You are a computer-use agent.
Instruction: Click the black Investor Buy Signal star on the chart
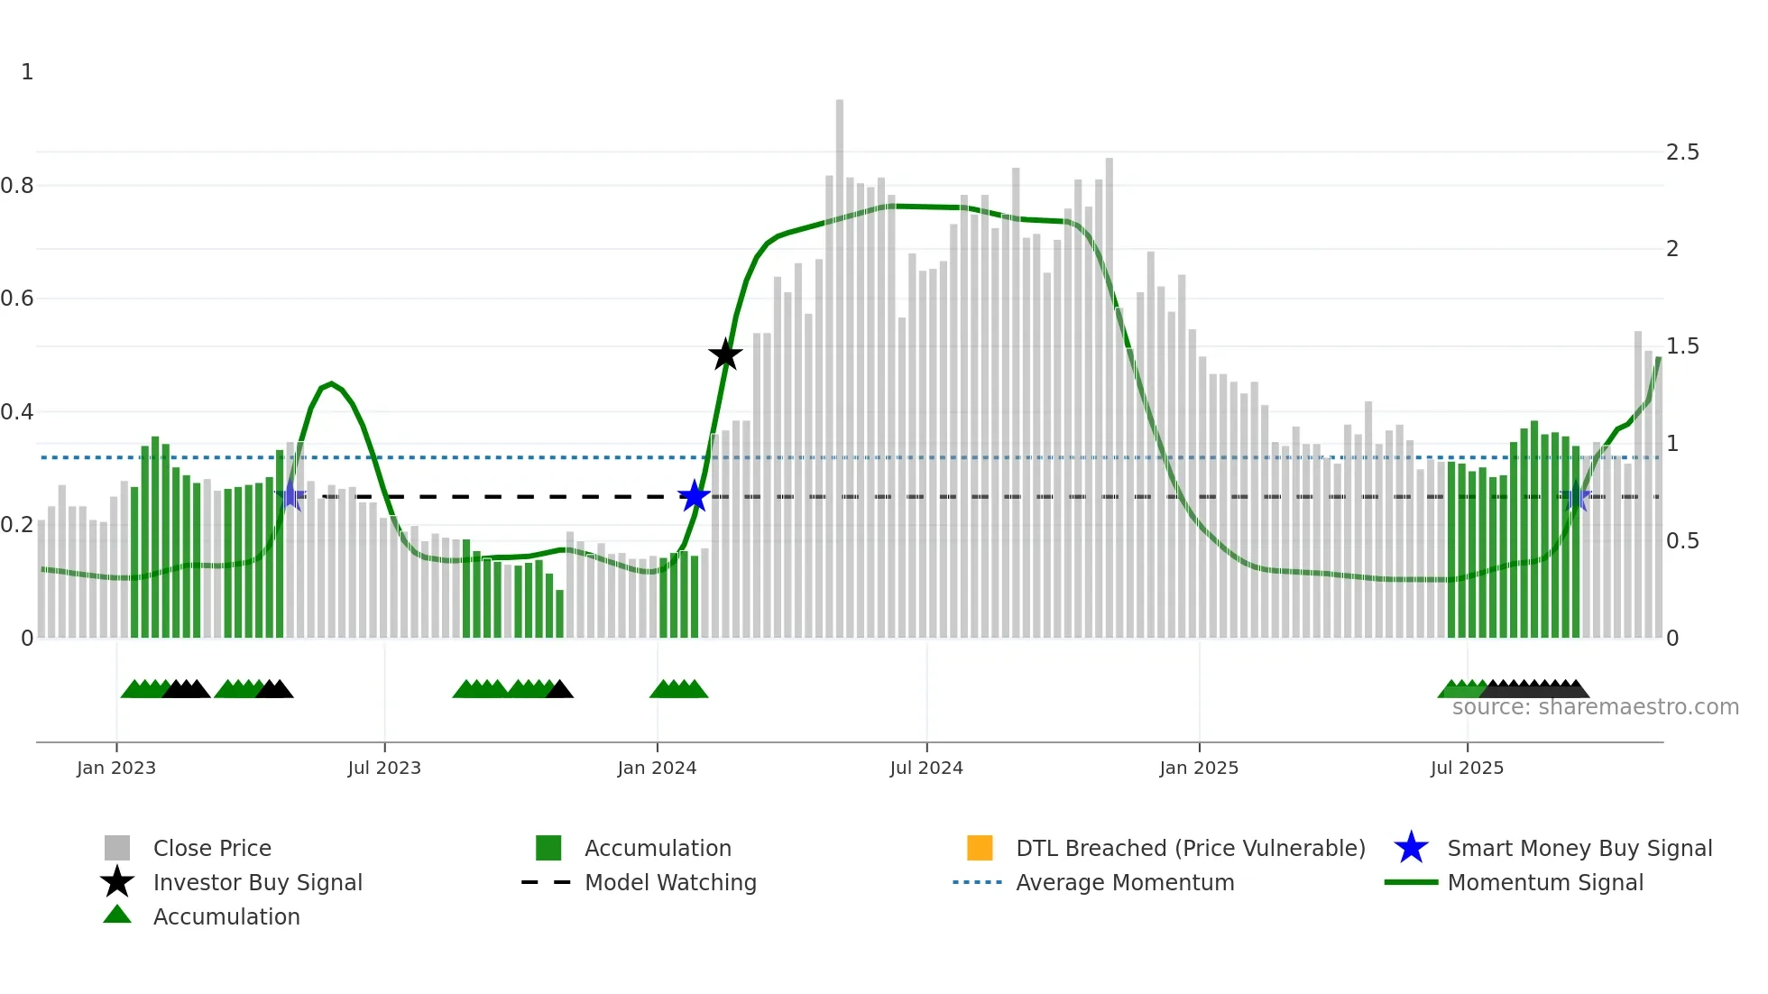[725, 354]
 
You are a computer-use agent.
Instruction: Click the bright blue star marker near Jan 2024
[694, 496]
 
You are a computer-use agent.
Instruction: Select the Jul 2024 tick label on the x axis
[926, 768]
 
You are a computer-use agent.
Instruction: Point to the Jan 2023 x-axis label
[116, 768]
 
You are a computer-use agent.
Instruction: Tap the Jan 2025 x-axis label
[1199, 768]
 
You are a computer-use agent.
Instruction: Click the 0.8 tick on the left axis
[17, 186]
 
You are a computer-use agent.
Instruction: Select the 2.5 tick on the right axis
[1682, 152]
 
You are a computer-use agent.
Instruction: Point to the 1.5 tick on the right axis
[1682, 346]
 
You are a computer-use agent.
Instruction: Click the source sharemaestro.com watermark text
[1595, 707]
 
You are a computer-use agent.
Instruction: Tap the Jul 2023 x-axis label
[384, 768]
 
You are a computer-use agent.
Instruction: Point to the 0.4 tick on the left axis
[17, 412]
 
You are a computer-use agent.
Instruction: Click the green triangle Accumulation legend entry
[226, 916]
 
